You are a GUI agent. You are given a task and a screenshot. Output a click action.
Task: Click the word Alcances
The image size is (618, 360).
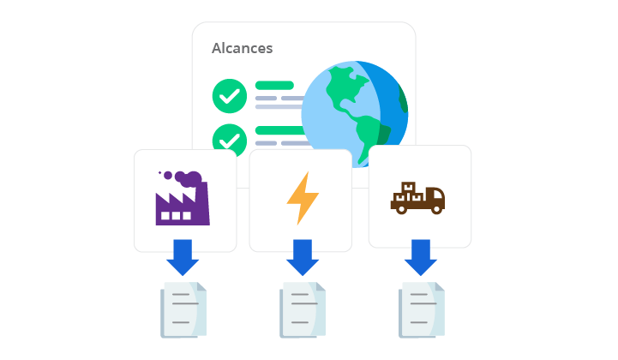(x=242, y=48)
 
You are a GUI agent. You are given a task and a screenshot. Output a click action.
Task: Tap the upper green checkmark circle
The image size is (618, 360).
(x=229, y=97)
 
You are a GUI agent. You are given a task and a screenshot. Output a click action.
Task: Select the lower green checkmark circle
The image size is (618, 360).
(x=229, y=138)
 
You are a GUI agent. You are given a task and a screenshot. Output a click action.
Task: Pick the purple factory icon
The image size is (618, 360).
(x=182, y=199)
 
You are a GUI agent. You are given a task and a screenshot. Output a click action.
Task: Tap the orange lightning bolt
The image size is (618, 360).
(x=302, y=198)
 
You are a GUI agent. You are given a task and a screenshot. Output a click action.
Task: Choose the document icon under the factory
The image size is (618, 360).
(x=183, y=309)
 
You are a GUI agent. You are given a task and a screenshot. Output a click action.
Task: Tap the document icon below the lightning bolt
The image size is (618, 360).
(x=303, y=309)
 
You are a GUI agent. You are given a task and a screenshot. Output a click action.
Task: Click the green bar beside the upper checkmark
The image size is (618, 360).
(x=274, y=86)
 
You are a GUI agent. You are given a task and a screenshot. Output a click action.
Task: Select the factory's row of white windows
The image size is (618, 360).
(x=177, y=216)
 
